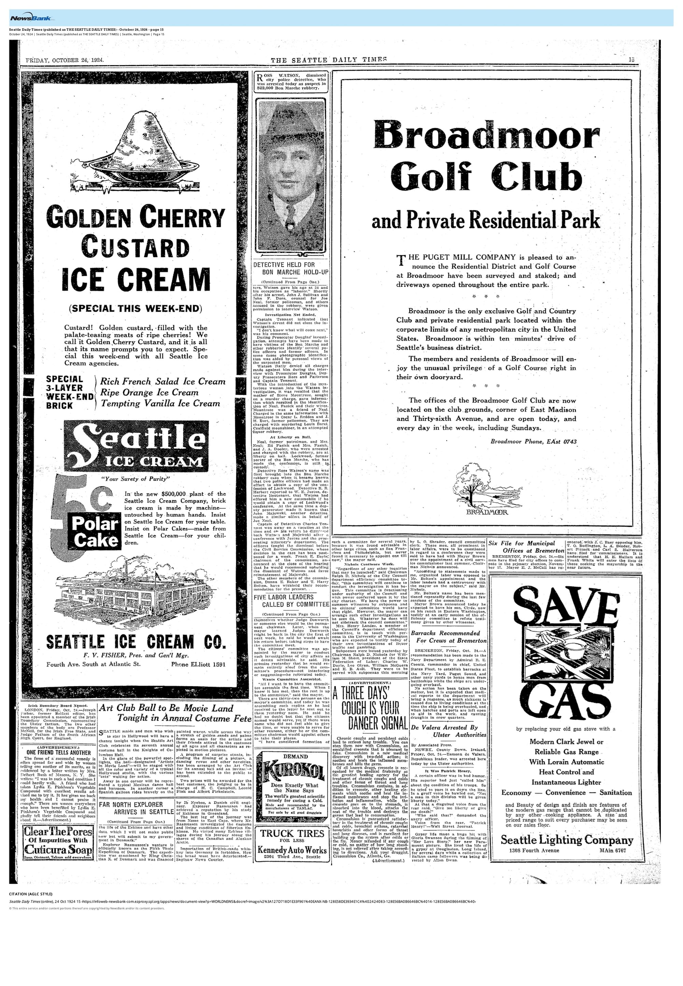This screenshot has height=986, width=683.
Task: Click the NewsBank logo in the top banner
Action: pos(30,18)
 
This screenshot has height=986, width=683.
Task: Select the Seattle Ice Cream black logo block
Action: pos(136,446)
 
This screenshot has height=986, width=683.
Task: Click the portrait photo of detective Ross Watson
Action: pos(291,176)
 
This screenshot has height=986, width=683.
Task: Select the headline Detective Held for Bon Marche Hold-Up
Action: pos(291,269)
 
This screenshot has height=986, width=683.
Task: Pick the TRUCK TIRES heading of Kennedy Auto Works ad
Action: pos(293,834)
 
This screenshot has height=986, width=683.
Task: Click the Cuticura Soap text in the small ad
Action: pos(58,850)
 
